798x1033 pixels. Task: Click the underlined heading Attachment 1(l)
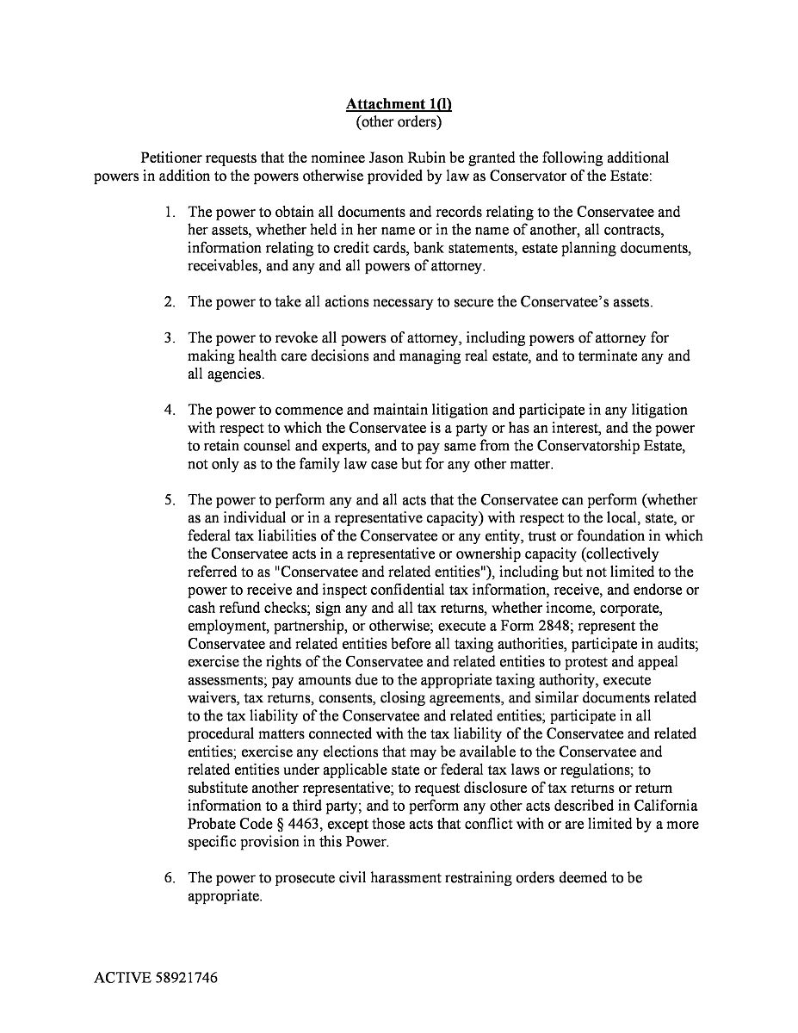coord(399,104)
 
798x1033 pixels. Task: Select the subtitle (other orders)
coord(399,121)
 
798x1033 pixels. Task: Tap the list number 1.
coord(170,212)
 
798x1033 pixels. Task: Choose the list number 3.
coord(170,337)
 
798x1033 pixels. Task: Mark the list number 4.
coord(170,410)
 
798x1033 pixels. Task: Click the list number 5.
coord(170,500)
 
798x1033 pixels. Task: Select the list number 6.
coord(170,878)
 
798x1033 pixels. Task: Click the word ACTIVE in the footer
coord(122,979)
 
